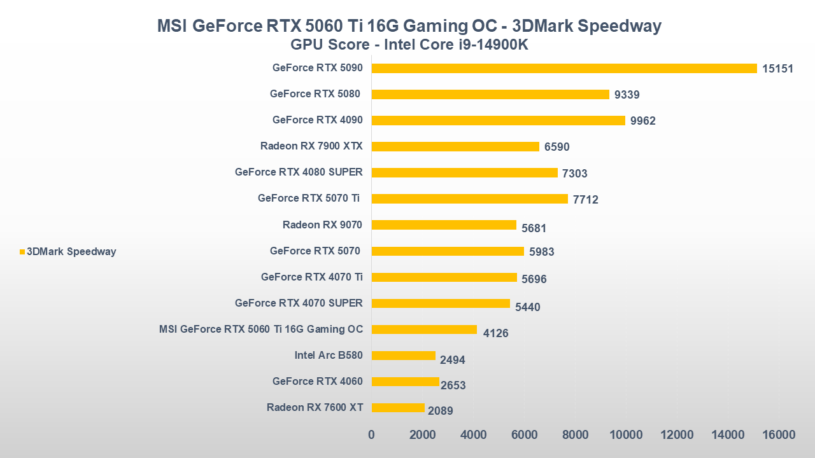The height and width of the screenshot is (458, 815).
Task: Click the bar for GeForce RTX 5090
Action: [x=564, y=68]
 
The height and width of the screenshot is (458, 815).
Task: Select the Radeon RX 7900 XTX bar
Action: [x=455, y=146]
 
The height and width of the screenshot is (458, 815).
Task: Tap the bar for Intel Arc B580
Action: [x=403, y=356]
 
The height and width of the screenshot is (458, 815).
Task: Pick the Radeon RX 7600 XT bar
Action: [x=398, y=408]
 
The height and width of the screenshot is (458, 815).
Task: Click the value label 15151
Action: [x=777, y=69]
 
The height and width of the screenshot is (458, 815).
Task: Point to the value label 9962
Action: [x=643, y=121]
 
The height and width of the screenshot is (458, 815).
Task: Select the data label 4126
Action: [x=495, y=333]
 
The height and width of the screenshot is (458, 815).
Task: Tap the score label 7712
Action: [x=586, y=200]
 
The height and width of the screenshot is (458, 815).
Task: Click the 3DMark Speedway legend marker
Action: [x=22, y=252]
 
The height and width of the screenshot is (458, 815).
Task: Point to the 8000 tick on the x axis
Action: [x=575, y=435]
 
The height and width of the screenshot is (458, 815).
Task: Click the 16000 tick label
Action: [x=779, y=435]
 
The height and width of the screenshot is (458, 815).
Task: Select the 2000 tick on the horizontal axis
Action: [x=422, y=435]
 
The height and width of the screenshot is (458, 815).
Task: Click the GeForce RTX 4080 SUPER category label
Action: [x=299, y=172]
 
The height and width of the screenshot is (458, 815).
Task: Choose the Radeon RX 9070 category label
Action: [x=322, y=224]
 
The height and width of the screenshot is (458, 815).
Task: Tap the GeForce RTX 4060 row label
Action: [x=317, y=381]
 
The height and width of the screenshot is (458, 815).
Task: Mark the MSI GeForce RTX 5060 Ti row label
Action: [x=261, y=329]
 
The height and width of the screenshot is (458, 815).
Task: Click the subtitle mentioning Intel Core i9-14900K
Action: [x=409, y=45]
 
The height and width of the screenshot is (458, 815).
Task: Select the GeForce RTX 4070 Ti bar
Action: [x=444, y=277]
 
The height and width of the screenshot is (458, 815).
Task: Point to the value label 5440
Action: [x=527, y=307]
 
